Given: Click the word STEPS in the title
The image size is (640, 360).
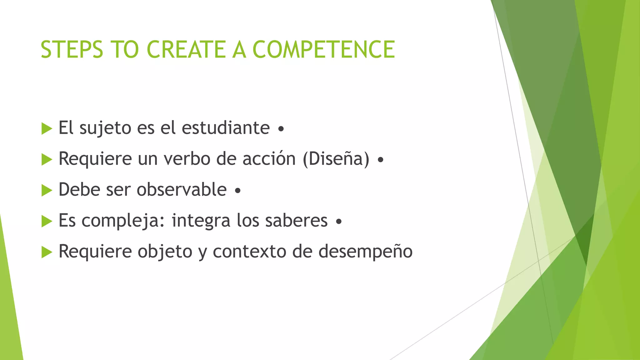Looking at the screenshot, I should click(72, 50).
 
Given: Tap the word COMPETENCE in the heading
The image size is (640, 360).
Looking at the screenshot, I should click(323, 50).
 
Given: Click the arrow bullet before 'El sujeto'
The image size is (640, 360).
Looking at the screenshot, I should click(47, 128).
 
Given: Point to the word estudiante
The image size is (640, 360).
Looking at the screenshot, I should click(226, 128).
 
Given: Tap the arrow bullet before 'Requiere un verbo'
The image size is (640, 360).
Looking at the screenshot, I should click(47, 159).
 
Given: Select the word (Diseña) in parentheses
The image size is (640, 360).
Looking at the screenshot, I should click(336, 159).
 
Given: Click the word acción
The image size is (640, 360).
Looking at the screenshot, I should click(269, 158).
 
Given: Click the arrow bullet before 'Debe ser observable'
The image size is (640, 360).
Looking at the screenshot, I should click(47, 190).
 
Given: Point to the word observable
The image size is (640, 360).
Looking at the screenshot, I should click(182, 190).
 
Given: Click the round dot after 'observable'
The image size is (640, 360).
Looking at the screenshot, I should click(237, 190).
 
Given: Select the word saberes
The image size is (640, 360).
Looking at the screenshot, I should click(296, 220).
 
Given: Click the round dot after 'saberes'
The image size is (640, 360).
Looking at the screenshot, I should click(339, 222).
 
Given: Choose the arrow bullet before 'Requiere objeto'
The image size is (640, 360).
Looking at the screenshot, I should click(47, 252).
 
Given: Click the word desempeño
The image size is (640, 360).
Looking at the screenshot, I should click(365, 252).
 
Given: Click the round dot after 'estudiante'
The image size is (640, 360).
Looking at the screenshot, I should click(281, 129).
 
